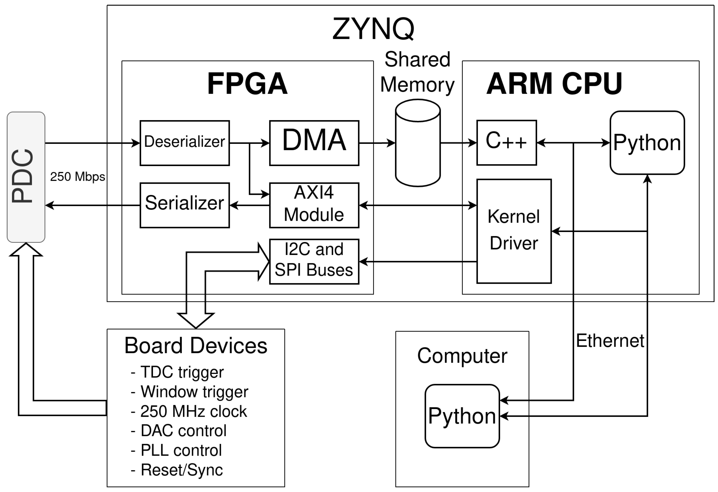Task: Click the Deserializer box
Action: click(184, 143)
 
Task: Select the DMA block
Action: click(314, 143)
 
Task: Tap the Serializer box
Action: click(184, 205)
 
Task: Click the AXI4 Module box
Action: click(314, 205)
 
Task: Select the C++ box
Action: click(506, 142)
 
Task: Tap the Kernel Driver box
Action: click(514, 231)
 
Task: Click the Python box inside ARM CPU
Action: click(647, 143)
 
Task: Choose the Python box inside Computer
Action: click(462, 416)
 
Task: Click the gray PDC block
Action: click(26, 177)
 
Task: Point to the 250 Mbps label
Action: click(78, 177)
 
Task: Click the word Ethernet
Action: click(610, 341)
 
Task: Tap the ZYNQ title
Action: click(373, 29)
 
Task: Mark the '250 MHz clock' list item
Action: click(193, 411)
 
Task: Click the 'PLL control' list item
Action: click(181, 450)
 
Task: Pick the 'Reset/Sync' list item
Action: click(182, 470)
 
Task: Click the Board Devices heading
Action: click(196, 345)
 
